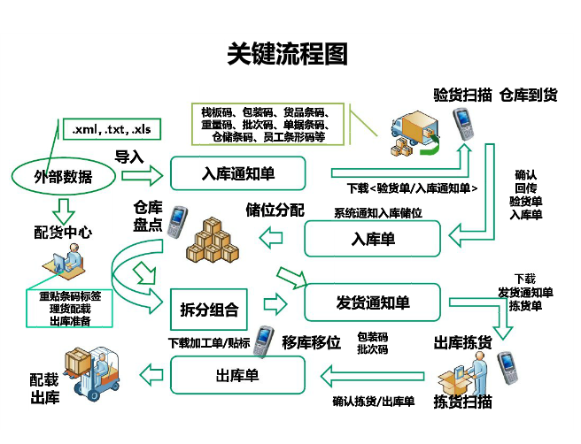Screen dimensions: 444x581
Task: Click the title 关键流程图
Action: point(288,54)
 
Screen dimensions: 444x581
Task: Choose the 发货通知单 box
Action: point(372,302)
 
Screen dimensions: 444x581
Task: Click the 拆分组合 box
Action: point(209,310)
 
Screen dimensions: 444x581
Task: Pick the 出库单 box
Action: point(237,376)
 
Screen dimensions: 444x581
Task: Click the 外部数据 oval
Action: point(62,176)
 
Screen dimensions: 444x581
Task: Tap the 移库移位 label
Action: point(311,342)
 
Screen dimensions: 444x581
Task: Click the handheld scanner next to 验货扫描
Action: point(465,126)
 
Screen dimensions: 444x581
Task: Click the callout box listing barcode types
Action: point(266,125)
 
